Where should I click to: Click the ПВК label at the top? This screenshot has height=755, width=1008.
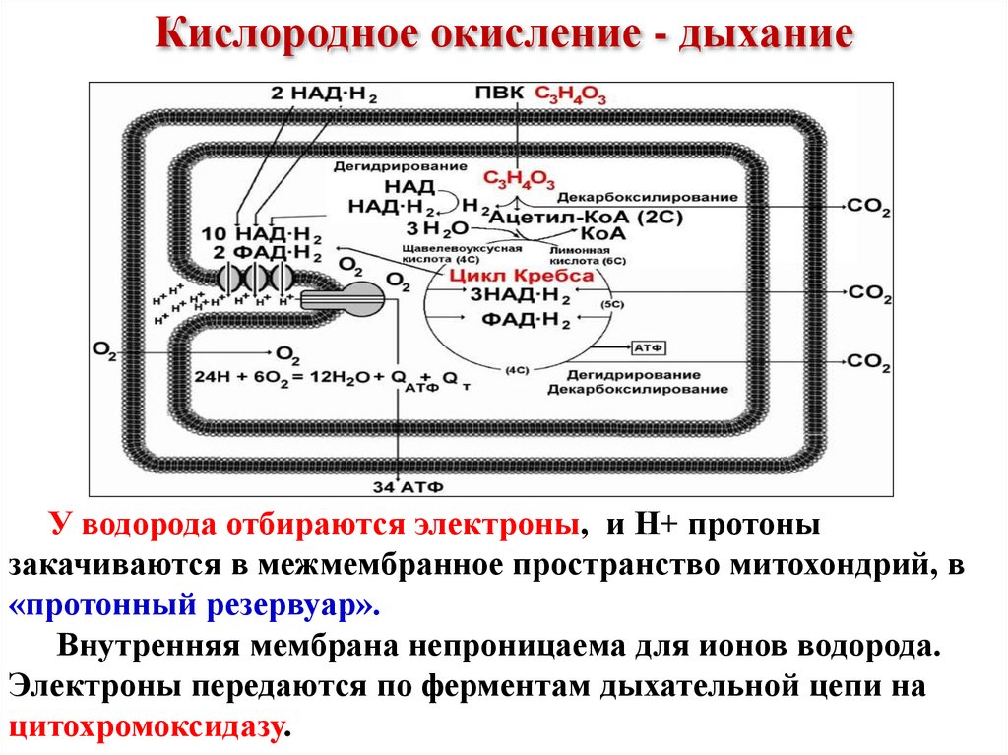point(500,94)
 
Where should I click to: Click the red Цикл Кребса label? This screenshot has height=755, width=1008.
point(522,276)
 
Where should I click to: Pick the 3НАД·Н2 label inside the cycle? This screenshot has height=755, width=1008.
point(520,294)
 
